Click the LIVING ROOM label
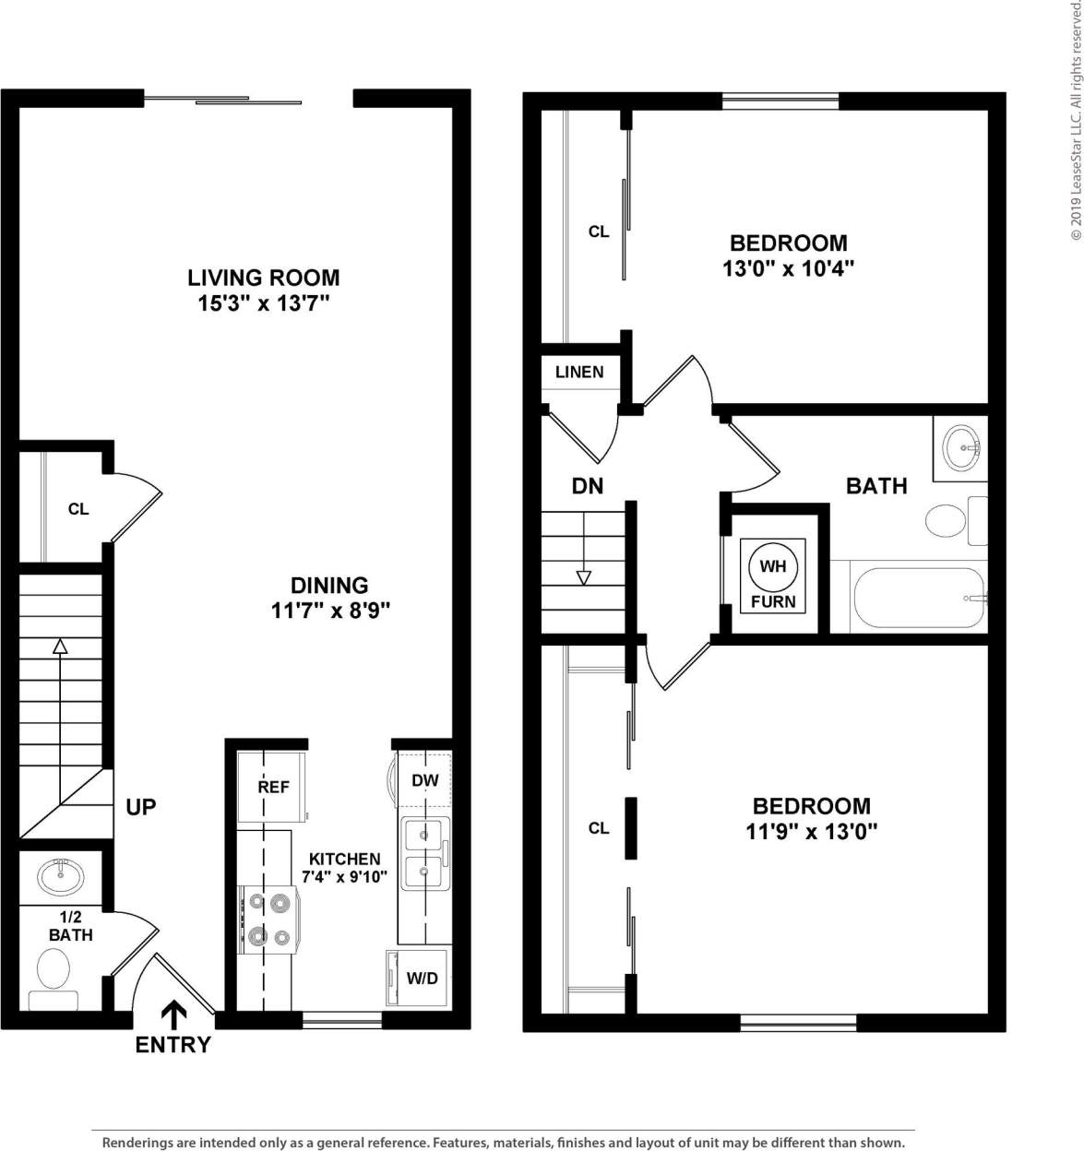[x=263, y=278]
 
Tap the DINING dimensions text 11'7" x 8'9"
[x=330, y=611]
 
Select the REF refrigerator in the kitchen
[x=273, y=787]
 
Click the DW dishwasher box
[x=424, y=780]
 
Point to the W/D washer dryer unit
[x=421, y=979]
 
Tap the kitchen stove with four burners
[x=268, y=920]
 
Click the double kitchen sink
[x=424, y=853]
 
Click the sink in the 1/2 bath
[x=61, y=875]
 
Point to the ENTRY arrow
[x=173, y=1015]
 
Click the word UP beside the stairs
[x=140, y=807]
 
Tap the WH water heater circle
[x=772, y=565]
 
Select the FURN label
[x=772, y=602]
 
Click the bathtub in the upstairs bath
[x=919, y=598]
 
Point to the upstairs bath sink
[x=961, y=448]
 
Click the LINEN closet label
[x=579, y=373]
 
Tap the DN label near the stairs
[x=587, y=486]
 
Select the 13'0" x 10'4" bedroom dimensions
[x=788, y=269]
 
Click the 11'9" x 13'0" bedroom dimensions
[x=811, y=831]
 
